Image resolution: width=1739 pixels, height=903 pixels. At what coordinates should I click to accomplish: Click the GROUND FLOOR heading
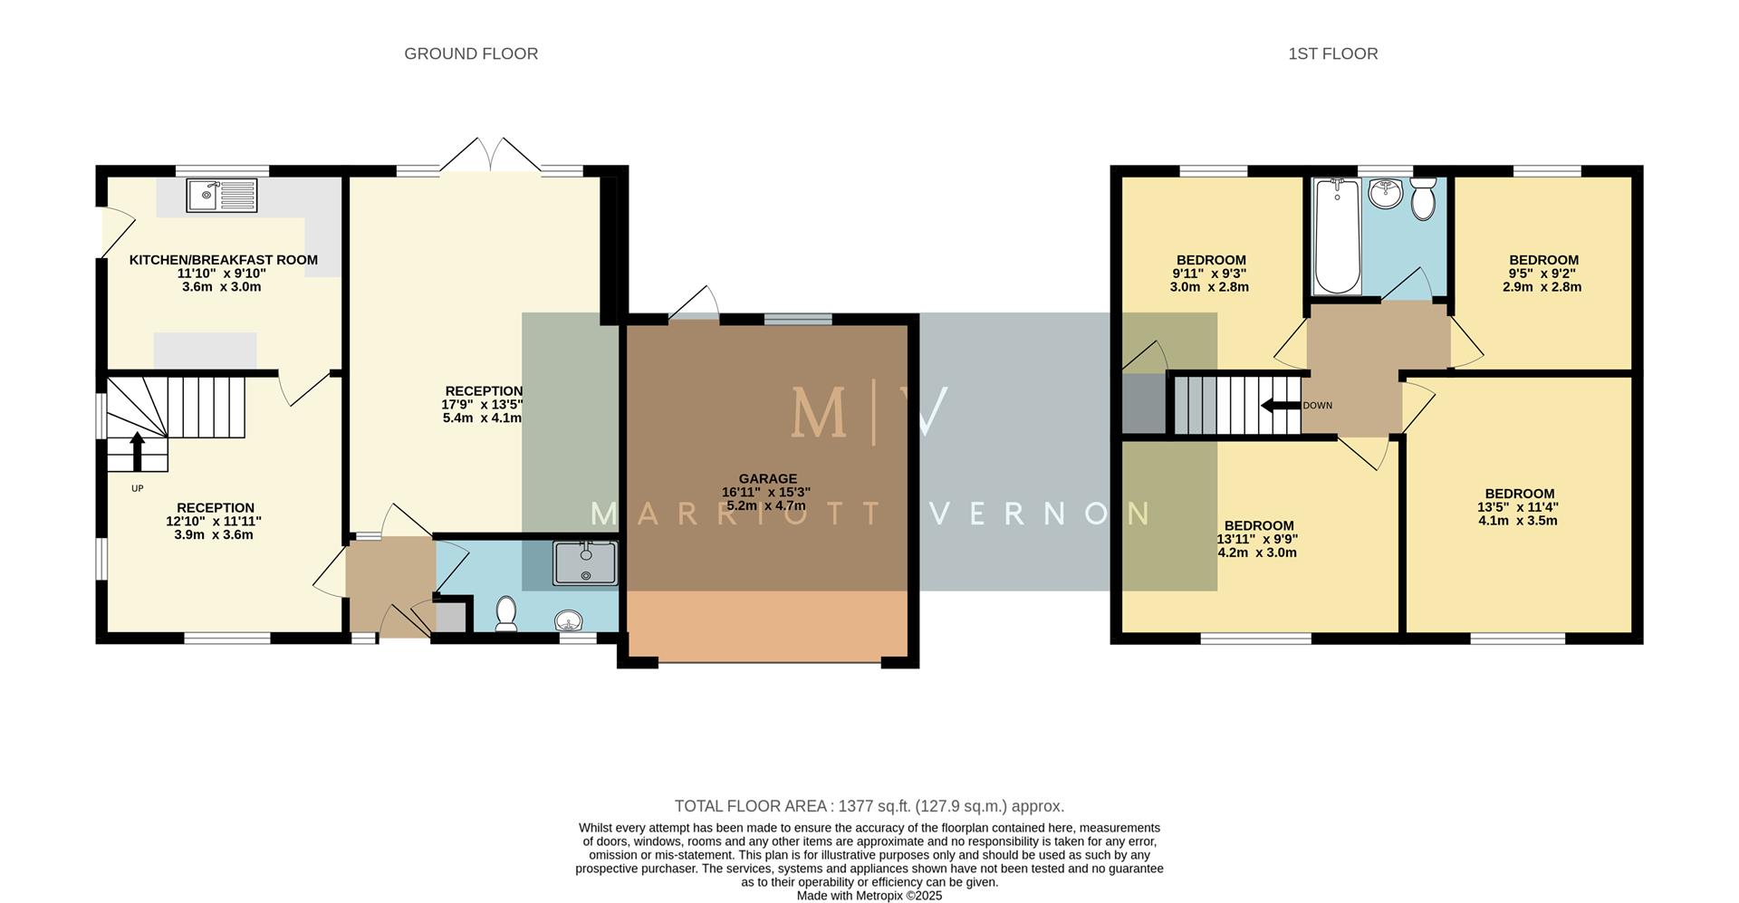[471, 53]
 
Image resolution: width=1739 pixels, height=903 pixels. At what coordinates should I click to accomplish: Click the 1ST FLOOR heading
[1332, 53]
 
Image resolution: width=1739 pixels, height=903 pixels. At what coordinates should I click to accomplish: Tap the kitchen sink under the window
[222, 196]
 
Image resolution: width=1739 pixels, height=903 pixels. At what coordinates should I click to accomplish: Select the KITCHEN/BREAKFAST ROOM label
[223, 260]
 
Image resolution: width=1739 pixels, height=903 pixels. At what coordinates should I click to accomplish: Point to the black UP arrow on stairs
[137, 451]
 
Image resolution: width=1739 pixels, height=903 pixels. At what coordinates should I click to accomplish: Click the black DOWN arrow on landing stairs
[1281, 406]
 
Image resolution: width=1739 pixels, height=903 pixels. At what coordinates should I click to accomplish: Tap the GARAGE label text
[767, 478]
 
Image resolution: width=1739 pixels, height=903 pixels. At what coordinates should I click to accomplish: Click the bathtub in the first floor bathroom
[1337, 235]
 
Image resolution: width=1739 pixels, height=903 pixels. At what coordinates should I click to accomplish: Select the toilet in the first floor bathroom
[1423, 198]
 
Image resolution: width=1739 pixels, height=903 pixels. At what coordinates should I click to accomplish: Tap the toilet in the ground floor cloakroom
[506, 613]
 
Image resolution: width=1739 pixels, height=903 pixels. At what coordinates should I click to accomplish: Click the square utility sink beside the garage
[585, 562]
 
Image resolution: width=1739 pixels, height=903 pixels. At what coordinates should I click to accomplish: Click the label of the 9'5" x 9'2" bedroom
[1543, 260]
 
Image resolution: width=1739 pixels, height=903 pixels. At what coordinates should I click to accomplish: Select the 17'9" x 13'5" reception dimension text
[482, 405]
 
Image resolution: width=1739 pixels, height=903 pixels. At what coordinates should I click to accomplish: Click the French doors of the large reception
[490, 156]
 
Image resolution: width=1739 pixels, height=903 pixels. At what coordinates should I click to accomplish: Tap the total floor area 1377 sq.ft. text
[869, 806]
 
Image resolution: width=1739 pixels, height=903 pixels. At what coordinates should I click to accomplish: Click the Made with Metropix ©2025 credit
[869, 895]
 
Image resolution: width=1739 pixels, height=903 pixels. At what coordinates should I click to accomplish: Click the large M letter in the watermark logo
[819, 414]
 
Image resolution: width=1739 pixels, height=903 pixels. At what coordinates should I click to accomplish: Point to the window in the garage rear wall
[798, 319]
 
